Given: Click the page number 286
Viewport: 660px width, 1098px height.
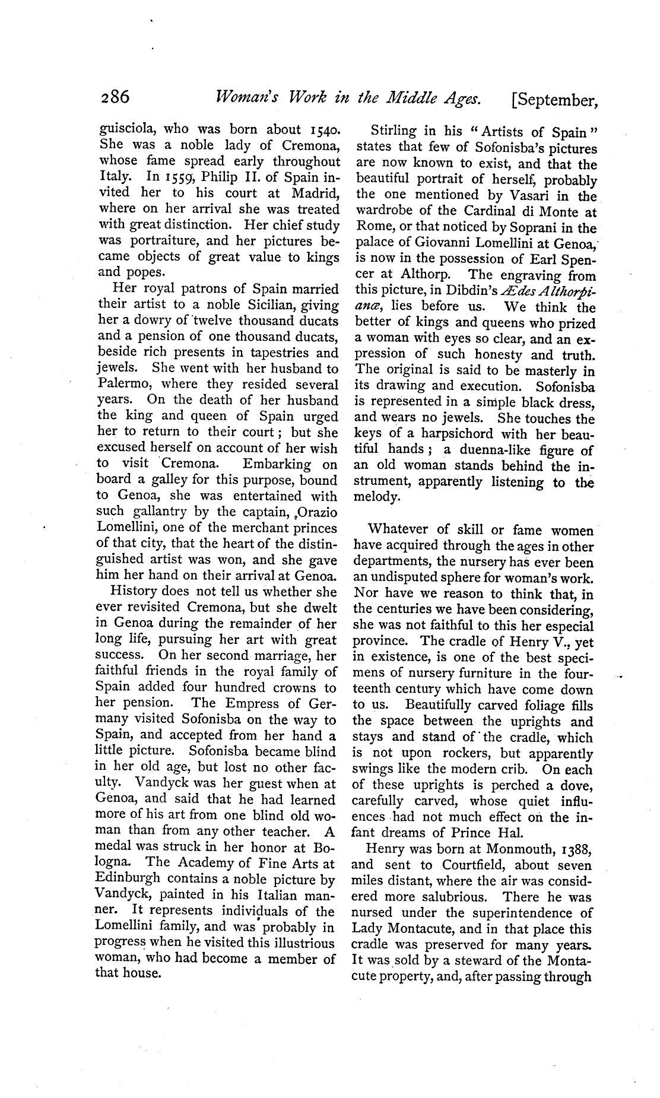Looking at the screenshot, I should tap(113, 98).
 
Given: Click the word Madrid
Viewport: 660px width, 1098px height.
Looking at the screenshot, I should tap(315, 193).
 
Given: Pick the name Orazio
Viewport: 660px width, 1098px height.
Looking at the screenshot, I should tap(315, 512).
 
